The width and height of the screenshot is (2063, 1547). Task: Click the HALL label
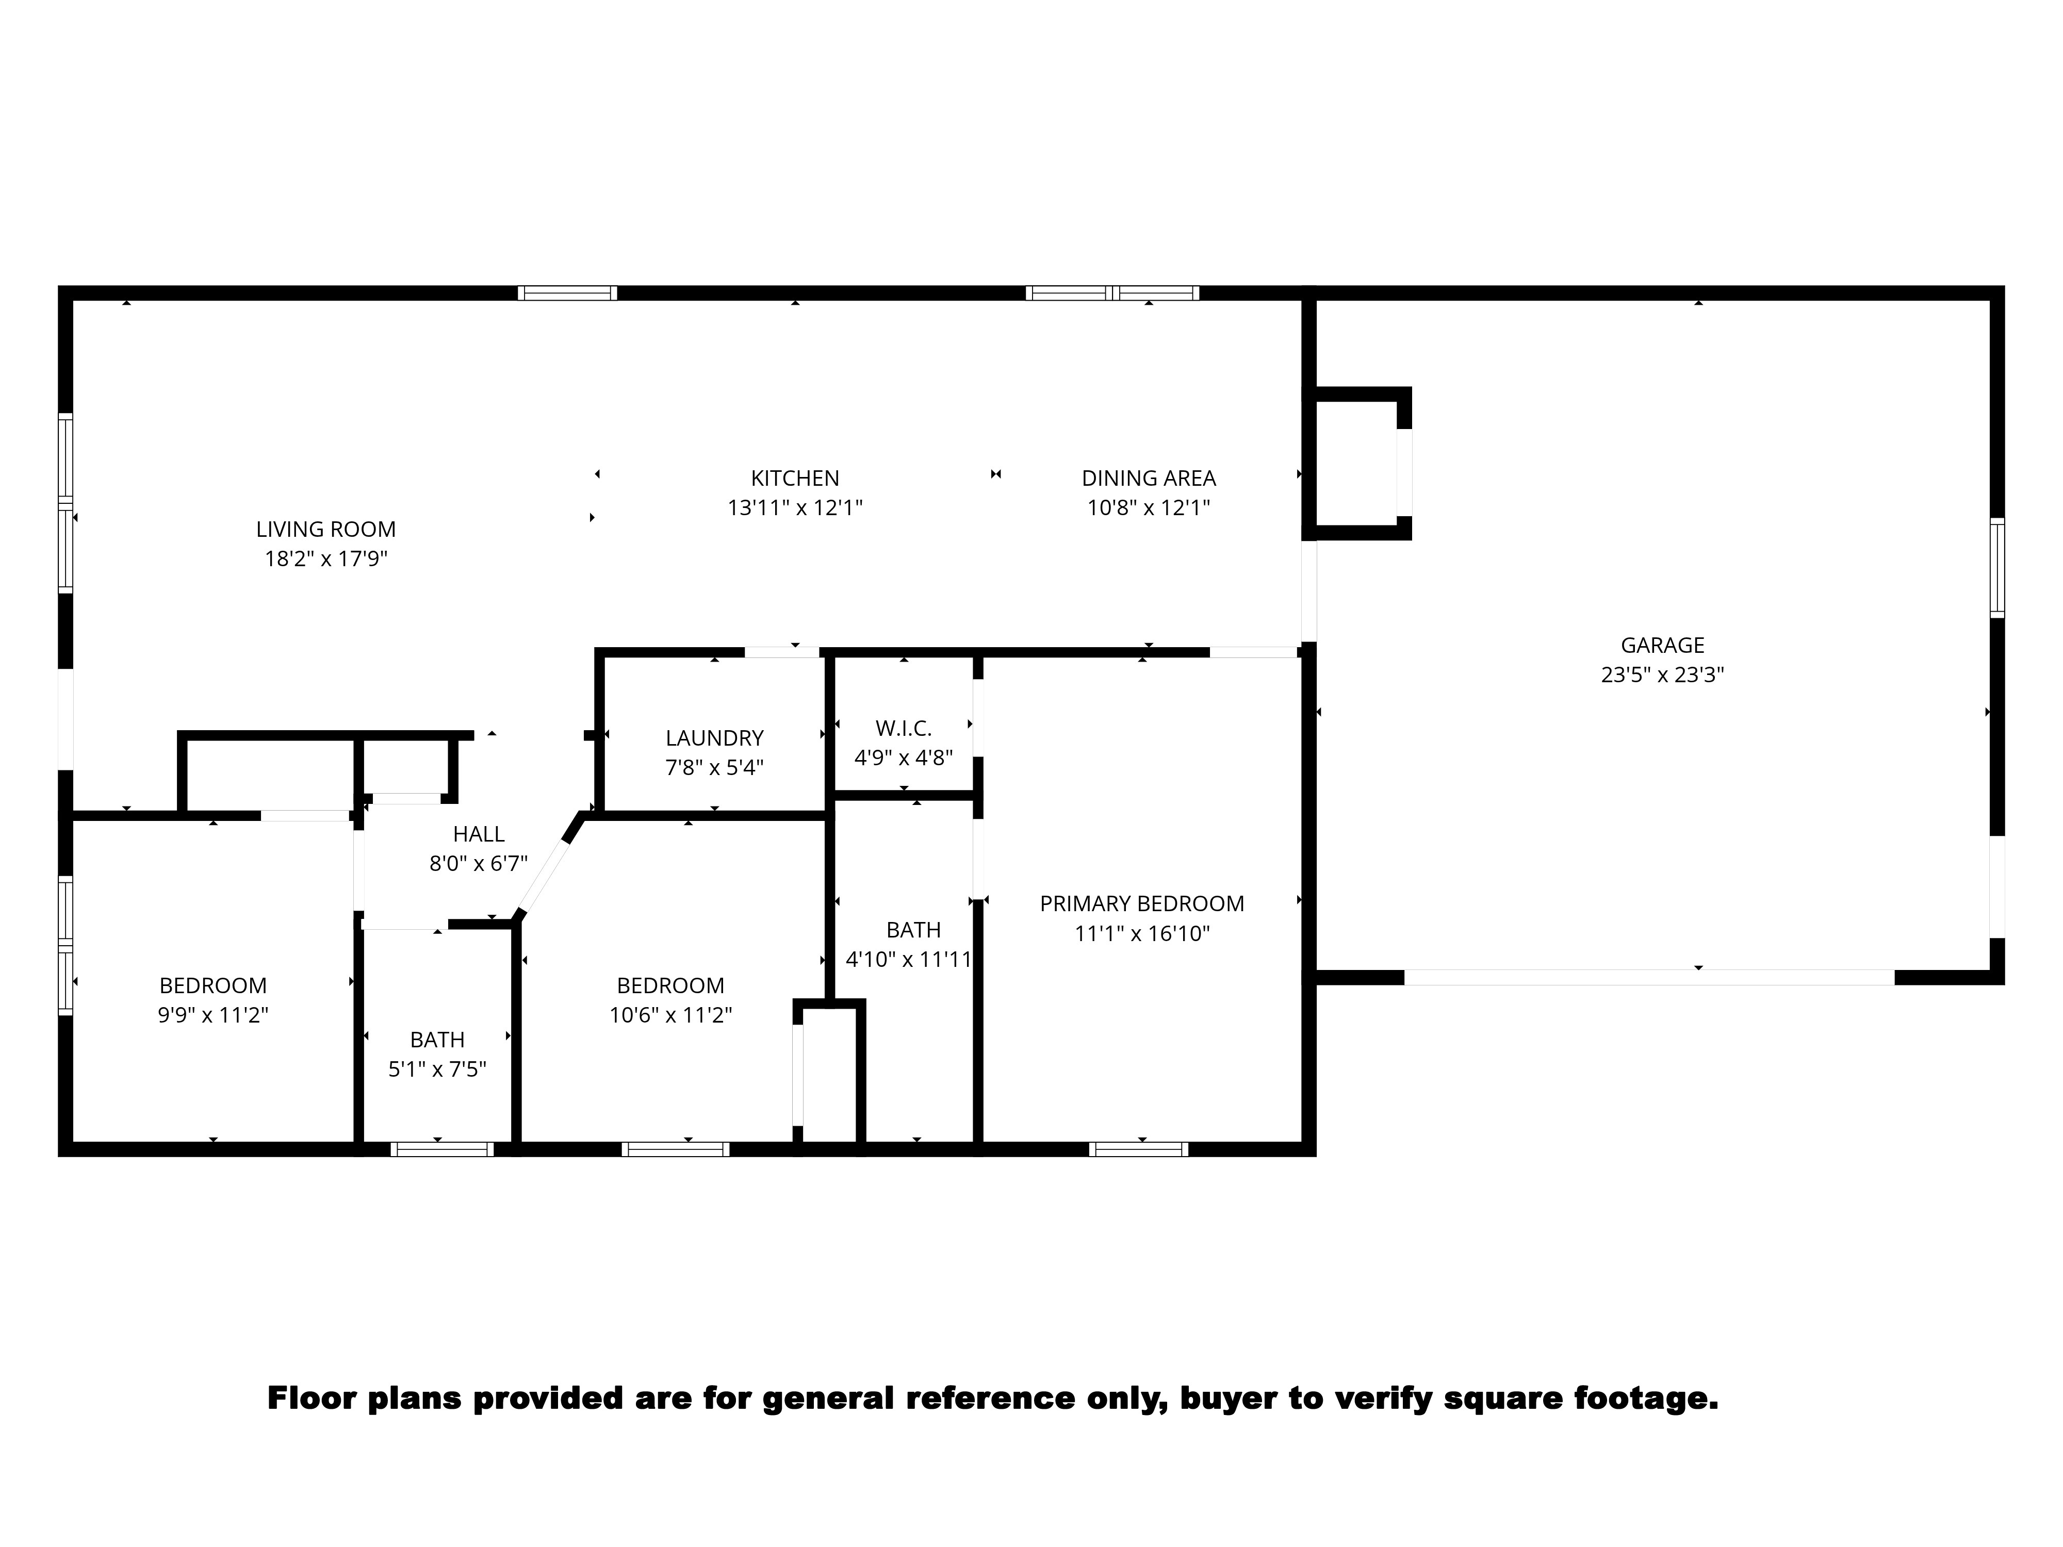(x=479, y=834)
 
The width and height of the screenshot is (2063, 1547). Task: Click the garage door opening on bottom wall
(x=1649, y=977)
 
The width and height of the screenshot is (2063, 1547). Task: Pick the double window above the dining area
(x=1112, y=293)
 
